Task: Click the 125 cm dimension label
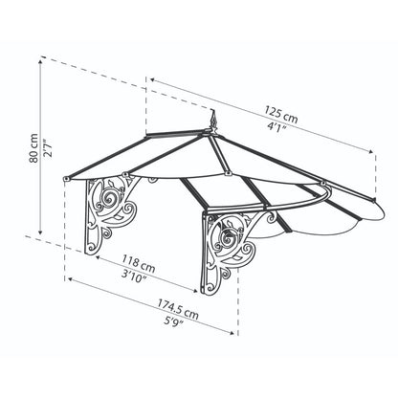coord(284,118)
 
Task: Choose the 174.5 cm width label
coord(180,308)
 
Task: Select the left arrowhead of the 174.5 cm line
coord(66,279)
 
